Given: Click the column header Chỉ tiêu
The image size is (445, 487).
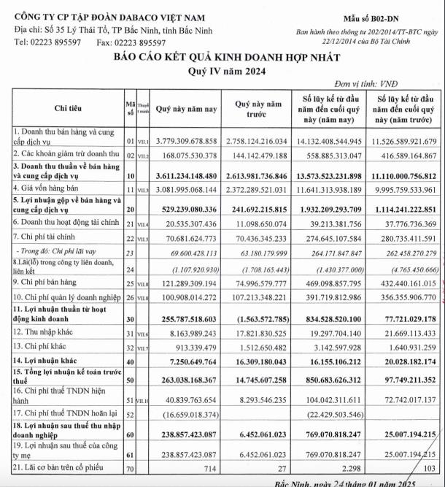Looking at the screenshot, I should click(69, 108).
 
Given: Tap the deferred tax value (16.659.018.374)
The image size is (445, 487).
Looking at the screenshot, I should click(187, 414).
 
